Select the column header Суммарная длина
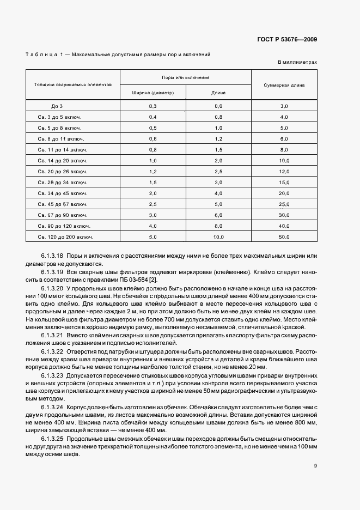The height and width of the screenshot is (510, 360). (x=284, y=85)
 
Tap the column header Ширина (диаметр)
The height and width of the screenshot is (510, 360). (x=152, y=93)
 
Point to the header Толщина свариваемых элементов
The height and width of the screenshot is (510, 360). (x=73, y=85)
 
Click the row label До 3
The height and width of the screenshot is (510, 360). (x=57, y=106)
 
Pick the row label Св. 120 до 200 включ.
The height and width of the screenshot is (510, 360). (x=66, y=237)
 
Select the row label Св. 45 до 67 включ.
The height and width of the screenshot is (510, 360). (x=62, y=204)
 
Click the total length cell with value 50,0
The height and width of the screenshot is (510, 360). (x=284, y=237)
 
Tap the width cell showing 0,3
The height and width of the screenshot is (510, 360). (x=152, y=106)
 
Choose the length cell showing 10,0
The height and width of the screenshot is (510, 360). (x=218, y=237)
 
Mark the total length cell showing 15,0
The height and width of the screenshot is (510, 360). (x=284, y=183)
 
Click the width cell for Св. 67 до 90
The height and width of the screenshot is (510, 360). (x=152, y=215)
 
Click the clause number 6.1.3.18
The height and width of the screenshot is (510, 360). (x=52, y=256)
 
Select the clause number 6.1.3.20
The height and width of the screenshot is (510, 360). (x=52, y=287)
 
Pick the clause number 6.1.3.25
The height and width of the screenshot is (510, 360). (x=52, y=439)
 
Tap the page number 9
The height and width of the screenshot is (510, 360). (x=315, y=465)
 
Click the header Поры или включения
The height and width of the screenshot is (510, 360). (x=186, y=78)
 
